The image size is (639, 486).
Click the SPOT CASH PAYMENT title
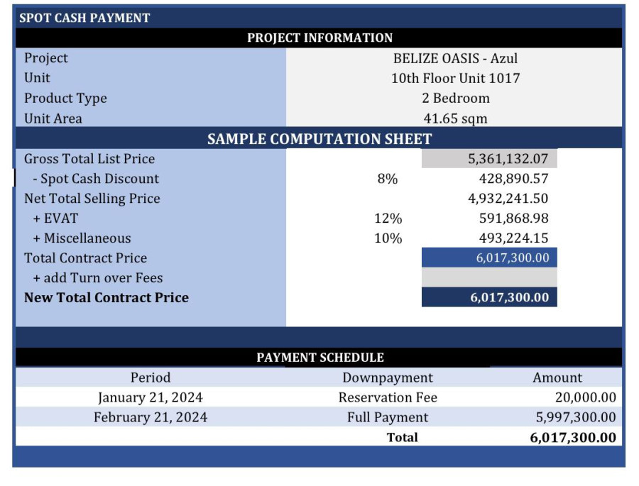tap(84, 18)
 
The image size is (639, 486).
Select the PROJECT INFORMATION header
tap(319, 38)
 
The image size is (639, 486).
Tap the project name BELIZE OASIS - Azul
tap(455, 58)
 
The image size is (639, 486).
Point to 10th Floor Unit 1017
tap(455, 78)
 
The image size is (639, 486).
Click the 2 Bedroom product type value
tap(455, 98)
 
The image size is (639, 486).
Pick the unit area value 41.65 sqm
tap(455, 118)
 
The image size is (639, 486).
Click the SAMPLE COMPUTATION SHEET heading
tap(319, 139)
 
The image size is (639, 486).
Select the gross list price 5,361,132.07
tap(508, 159)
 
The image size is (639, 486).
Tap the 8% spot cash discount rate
tap(388, 179)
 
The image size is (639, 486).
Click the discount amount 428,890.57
tap(513, 179)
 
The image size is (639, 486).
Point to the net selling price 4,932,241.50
tap(508, 199)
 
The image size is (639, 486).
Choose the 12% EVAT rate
tap(388, 219)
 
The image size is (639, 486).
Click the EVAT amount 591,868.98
tap(513, 219)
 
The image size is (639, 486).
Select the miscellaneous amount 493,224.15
tap(513, 238)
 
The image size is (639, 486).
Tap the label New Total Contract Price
tap(106, 297)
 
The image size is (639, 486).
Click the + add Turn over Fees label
tap(98, 277)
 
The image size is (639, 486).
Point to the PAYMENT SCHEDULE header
tap(319, 358)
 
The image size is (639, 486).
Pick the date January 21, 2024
tap(151, 397)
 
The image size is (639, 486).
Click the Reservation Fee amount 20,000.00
tap(585, 397)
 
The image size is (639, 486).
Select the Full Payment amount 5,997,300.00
tap(576, 417)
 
